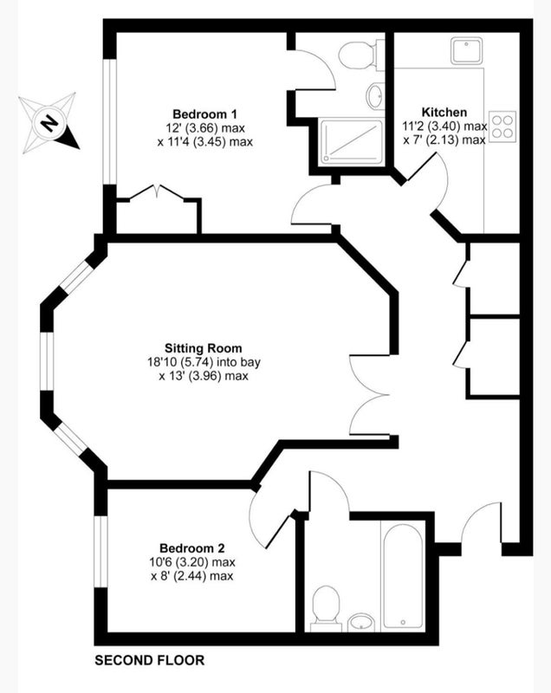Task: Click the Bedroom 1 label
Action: tap(204, 114)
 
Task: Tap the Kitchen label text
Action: tap(444, 112)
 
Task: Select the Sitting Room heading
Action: tap(204, 348)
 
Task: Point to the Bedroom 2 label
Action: tap(191, 548)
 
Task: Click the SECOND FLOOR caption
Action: tap(149, 660)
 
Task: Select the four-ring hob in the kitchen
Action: tap(503, 126)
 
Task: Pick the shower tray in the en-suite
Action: tap(352, 141)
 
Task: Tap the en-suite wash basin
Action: tap(375, 96)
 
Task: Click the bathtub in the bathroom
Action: tap(404, 576)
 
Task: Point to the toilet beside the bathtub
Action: tap(326, 609)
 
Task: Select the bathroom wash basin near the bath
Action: tap(361, 622)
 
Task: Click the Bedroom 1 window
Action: tap(109, 121)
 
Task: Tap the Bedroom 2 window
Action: tap(101, 552)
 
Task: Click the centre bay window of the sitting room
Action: tap(47, 361)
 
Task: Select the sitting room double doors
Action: tap(369, 395)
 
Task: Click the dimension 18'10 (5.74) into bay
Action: tap(204, 362)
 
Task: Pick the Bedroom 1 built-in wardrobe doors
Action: tap(157, 193)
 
